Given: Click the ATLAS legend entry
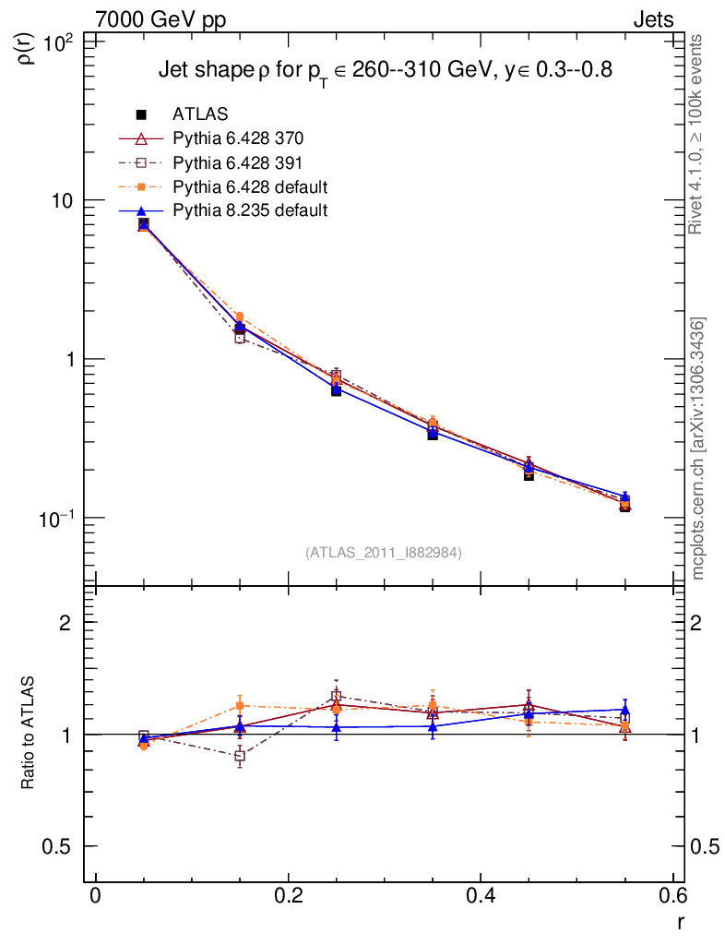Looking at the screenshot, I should (200, 114).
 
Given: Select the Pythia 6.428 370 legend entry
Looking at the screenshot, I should (238, 138).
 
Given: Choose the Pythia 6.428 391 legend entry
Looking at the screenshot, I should (238, 162).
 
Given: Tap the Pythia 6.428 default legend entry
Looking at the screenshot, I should (250, 186).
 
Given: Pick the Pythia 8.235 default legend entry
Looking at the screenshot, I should (250, 210).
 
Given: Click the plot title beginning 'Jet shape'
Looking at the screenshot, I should (385, 71).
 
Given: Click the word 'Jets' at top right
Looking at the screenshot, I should (652, 19).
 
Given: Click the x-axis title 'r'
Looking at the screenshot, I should (680, 922).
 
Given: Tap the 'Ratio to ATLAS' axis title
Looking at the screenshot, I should (28, 735).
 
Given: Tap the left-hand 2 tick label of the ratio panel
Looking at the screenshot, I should (66, 623).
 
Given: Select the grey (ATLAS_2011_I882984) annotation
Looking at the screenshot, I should (384, 552).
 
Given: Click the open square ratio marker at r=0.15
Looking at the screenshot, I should (240, 757).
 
